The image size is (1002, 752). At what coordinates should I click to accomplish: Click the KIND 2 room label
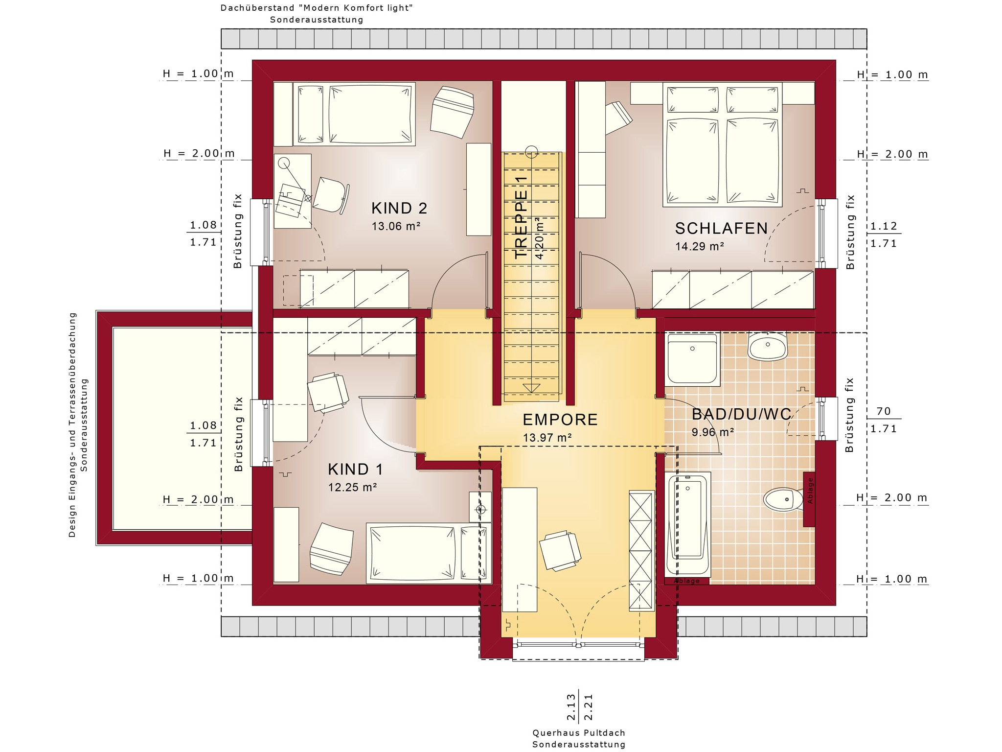click(x=399, y=208)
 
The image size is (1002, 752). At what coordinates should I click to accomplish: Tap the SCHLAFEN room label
click(x=721, y=228)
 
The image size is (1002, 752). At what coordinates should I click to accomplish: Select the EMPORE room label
click(x=560, y=420)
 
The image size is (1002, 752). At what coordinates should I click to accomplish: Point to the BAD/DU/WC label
click(x=741, y=414)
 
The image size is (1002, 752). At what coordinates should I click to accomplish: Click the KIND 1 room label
click(x=355, y=469)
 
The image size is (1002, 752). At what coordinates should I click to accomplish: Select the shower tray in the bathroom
click(x=692, y=359)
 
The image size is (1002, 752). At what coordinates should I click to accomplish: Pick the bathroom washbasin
click(x=767, y=346)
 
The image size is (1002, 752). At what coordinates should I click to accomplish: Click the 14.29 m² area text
click(x=700, y=246)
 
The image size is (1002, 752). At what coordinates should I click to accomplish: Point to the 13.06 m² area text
click(x=396, y=226)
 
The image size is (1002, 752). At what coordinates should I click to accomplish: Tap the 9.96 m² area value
click(x=712, y=432)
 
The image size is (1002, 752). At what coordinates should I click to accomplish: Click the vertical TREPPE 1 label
click(x=522, y=217)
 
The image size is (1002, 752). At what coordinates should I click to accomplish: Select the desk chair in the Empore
click(x=560, y=550)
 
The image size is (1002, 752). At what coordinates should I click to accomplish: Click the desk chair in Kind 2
click(x=331, y=195)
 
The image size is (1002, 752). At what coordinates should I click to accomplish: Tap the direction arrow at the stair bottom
click(x=531, y=388)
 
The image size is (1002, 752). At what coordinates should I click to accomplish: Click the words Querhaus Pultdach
click(x=579, y=733)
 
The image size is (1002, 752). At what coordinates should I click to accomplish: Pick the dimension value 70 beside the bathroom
click(x=884, y=411)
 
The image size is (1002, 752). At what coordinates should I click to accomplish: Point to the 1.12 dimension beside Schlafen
click(x=884, y=226)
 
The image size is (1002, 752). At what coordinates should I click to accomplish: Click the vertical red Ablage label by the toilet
click(x=810, y=491)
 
